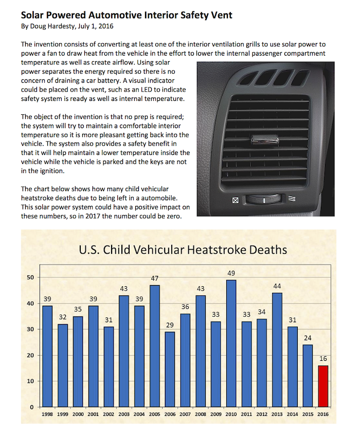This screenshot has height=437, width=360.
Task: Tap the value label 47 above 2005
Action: pyautogui.click(x=155, y=278)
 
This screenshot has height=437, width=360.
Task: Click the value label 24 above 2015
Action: pyautogui.click(x=307, y=338)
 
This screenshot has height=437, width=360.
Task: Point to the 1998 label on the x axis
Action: pyautogui.click(x=47, y=413)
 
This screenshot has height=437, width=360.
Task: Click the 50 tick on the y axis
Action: pyautogui.click(x=31, y=277)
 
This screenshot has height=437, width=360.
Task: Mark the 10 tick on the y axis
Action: pyautogui.click(x=31, y=381)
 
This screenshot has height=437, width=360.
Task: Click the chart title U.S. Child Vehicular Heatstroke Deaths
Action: pyautogui.click(x=183, y=251)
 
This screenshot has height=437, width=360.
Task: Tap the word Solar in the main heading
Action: pyautogui.click(x=34, y=15)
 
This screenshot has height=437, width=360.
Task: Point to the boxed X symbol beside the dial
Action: pyautogui.click(x=236, y=200)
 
